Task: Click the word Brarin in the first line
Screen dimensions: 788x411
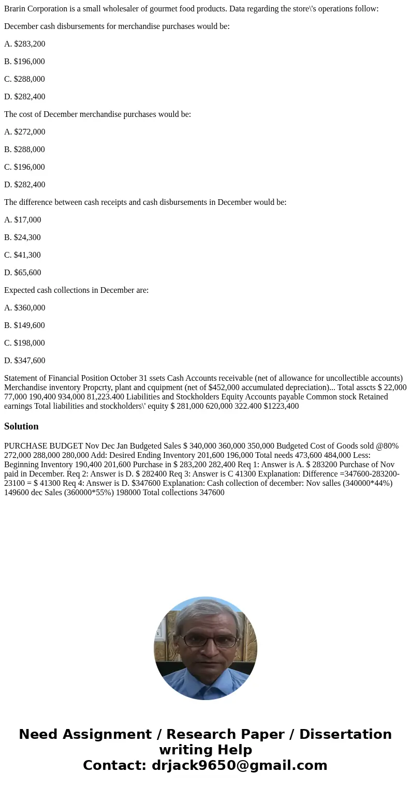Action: click(16, 9)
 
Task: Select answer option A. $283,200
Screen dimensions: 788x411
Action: click(25, 44)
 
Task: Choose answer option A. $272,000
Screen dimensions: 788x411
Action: click(25, 132)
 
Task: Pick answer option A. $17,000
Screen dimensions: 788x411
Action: click(23, 220)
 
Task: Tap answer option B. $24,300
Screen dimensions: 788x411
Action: click(23, 237)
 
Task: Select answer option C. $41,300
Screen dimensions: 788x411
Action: click(23, 255)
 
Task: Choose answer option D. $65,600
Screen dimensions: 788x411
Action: click(23, 273)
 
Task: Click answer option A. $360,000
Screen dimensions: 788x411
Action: click(25, 308)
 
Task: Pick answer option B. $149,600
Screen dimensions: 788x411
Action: click(25, 325)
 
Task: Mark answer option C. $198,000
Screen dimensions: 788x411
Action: click(25, 343)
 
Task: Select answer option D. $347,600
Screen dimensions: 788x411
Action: click(25, 361)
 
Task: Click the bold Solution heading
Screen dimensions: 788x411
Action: click(21, 426)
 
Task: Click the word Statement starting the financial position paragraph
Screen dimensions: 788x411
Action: click(21, 378)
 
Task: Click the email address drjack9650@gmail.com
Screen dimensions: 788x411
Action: click(239, 765)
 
